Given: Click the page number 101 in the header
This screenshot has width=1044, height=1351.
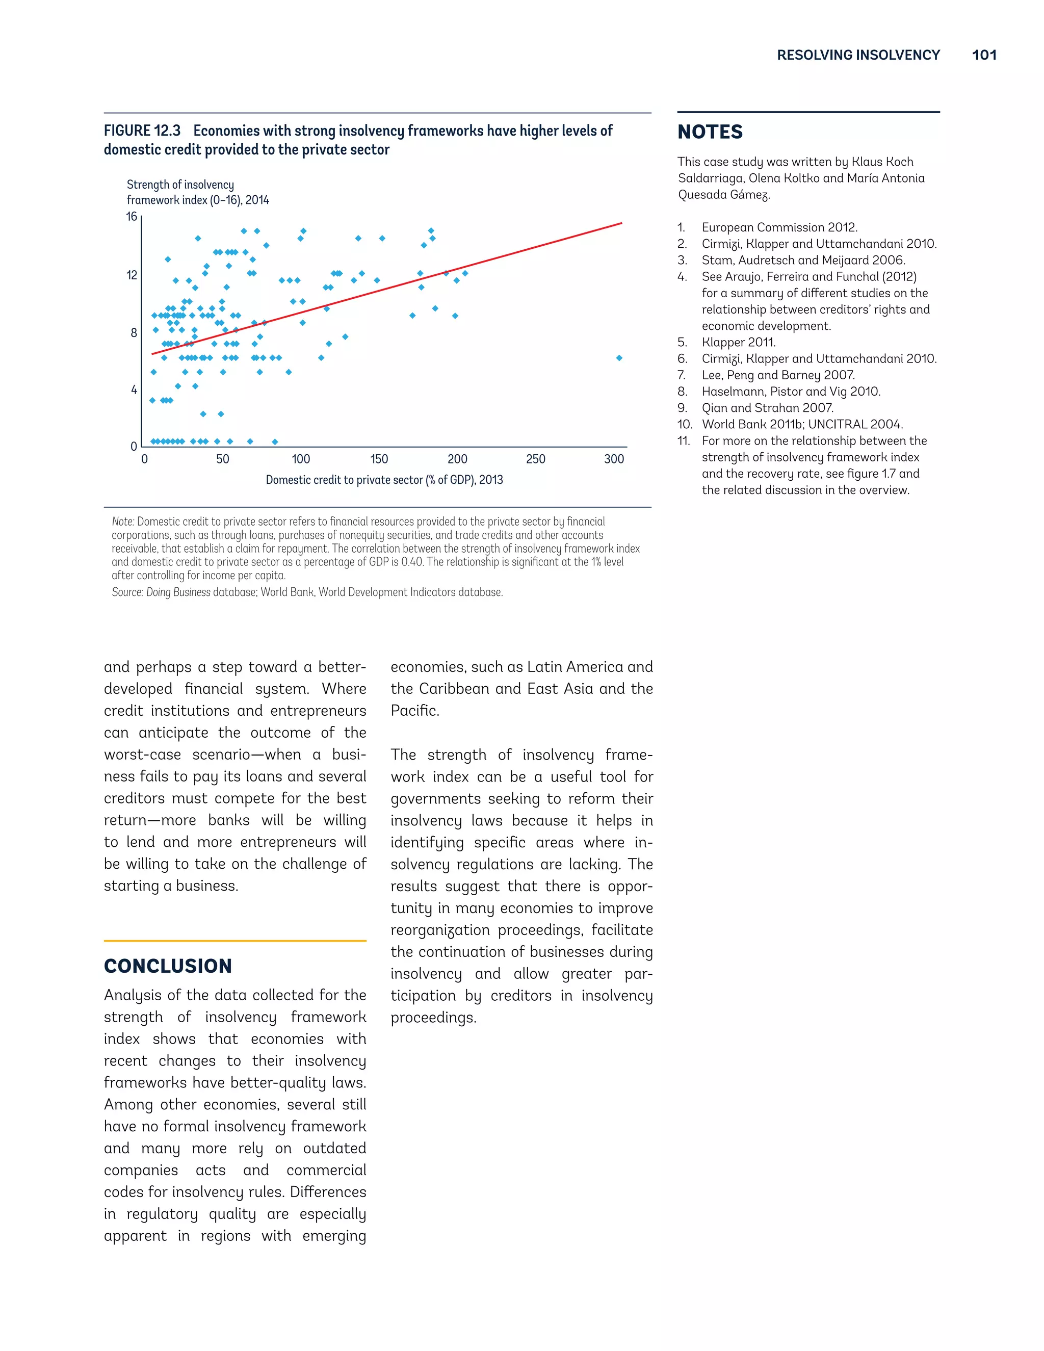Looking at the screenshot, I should [x=983, y=55].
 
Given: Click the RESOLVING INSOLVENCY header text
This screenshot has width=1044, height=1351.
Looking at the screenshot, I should [x=858, y=55].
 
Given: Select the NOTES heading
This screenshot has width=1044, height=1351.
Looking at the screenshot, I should [x=710, y=132].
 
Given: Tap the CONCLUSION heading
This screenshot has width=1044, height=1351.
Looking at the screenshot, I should [x=168, y=966].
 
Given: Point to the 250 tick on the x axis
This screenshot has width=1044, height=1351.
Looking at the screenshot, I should [x=536, y=459].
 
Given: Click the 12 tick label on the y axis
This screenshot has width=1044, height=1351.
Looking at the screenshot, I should [x=132, y=275].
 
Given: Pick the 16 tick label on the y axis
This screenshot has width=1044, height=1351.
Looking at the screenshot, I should [x=132, y=217].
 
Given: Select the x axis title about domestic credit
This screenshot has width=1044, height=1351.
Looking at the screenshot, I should [x=384, y=480].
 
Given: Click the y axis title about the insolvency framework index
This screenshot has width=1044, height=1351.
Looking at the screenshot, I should [x=197, y=192].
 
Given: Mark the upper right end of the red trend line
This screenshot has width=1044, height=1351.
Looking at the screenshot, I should [x=621, y=223].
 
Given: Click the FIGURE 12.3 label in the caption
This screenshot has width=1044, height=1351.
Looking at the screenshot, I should [x=142, y=131].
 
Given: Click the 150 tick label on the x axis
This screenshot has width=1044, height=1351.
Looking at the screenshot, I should [x=379, y=459].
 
